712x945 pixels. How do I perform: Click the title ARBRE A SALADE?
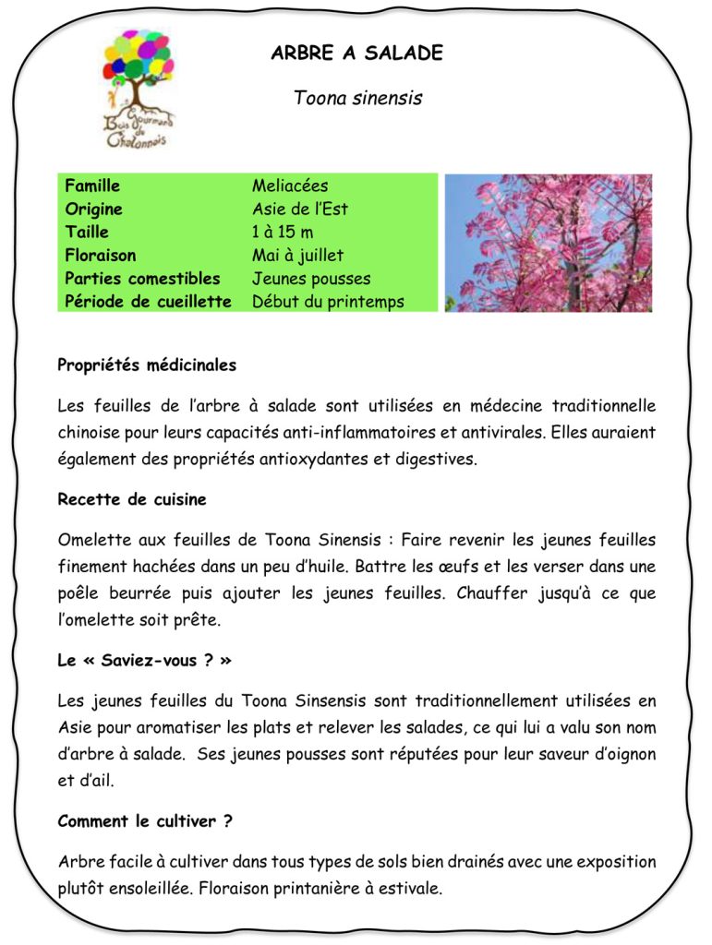[x=356, y=54]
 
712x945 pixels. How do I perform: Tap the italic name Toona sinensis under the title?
[x=357, y=98]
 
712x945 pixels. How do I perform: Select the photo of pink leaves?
[x=548, y=243]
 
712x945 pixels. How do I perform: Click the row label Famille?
[x=92, y=186]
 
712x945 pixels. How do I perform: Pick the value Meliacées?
[x=290, y=186]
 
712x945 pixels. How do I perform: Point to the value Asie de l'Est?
[x=300, y=209]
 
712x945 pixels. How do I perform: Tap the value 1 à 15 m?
[x=283, y=233]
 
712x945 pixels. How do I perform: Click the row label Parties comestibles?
[x=142, y=279]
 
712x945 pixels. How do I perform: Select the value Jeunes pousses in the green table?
[x=311, y=279]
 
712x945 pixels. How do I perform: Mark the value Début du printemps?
[x=328, y=302]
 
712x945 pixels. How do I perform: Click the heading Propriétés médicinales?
[x=147, y=365]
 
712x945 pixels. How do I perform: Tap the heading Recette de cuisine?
[x=132, y=500]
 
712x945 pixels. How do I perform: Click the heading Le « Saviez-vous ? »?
[x=144, y=662]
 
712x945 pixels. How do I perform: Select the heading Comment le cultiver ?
[x=144, y=821]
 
